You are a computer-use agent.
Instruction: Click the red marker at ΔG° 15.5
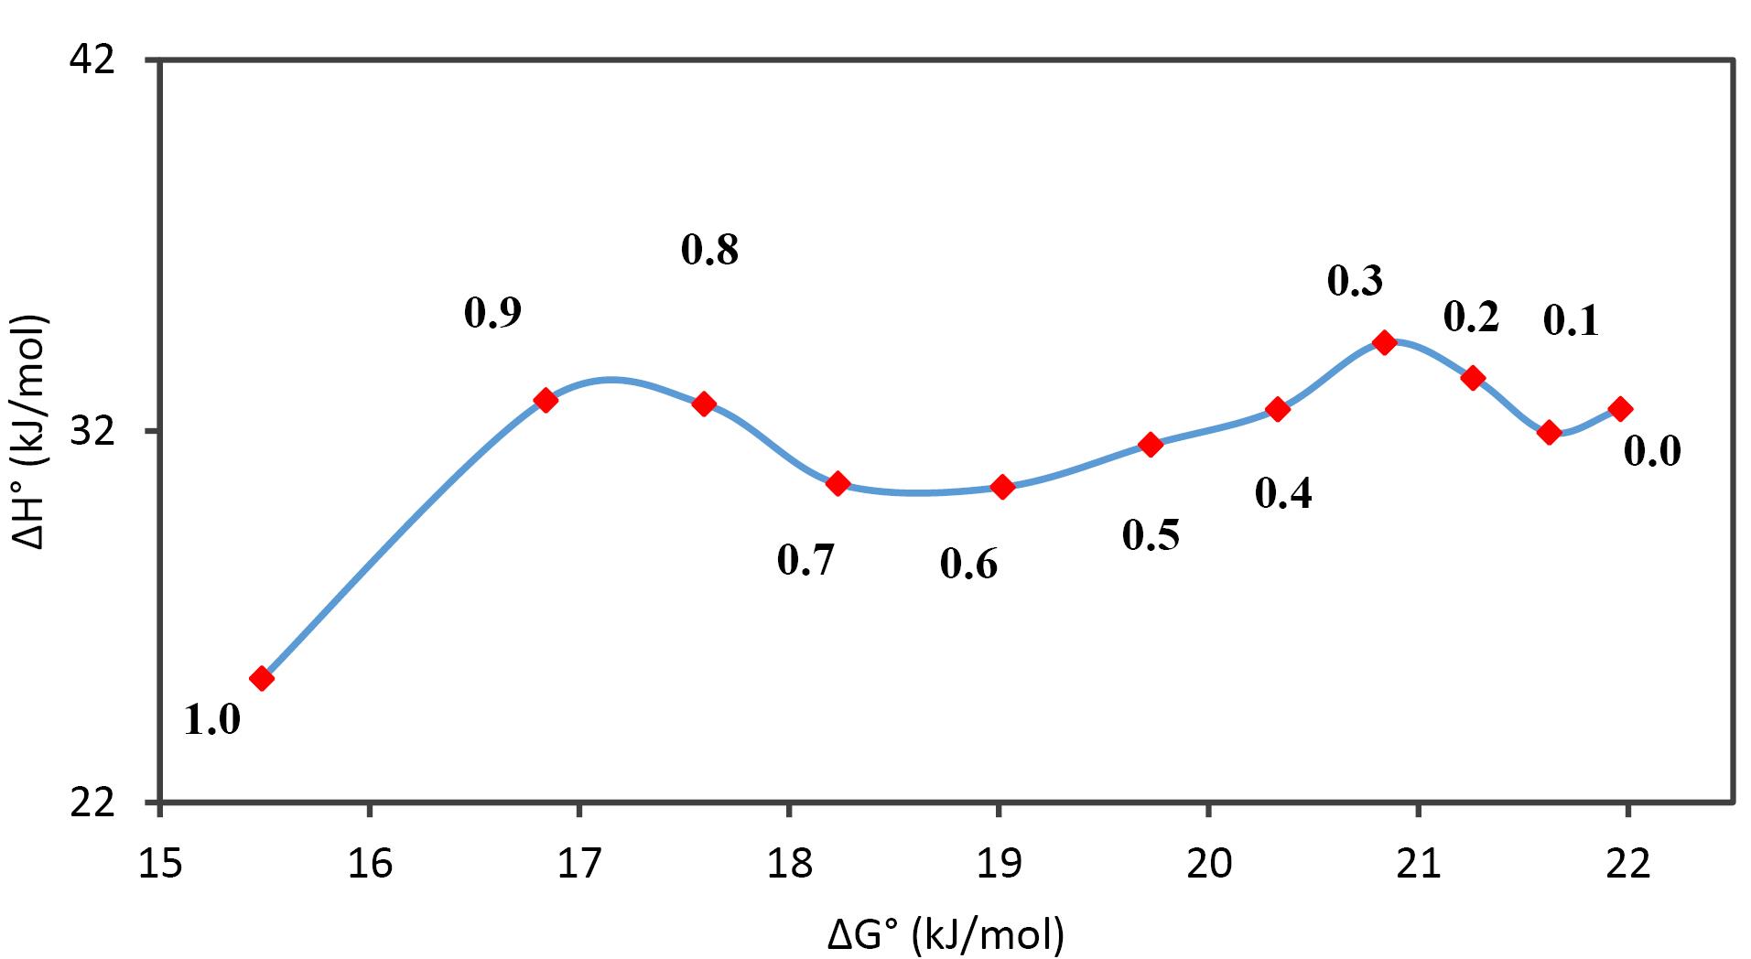click(x=262, y=678)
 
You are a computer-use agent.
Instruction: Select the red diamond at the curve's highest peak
click(x=1384, y=342)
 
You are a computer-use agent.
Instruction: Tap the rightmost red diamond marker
click(x=1620, y=408)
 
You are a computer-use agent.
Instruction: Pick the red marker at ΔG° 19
click(x=1002, y=487)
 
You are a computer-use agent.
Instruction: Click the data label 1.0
click(x=212, y=720)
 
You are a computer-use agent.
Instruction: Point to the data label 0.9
click(x=492, y=313)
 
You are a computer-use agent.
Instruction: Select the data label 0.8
click(x=709, y=250)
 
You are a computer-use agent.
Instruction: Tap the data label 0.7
click(x=805, y=560)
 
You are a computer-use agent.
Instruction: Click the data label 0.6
click(x=968, y=565)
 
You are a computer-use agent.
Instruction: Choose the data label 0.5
click(x=1151, y=535)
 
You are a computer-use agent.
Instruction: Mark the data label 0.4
click(x=1283, y=493)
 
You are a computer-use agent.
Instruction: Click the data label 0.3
click(x=1356, y=282)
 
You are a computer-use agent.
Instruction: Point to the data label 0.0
click(x=1653, y=451)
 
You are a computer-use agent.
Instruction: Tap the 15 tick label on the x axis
click(x=161, y=862)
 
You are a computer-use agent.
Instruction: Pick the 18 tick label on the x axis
click(x=789, y=862)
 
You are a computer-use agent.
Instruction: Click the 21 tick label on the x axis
click(x=1418, y=862)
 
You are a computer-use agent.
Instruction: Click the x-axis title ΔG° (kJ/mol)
click(x=946, y=934)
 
